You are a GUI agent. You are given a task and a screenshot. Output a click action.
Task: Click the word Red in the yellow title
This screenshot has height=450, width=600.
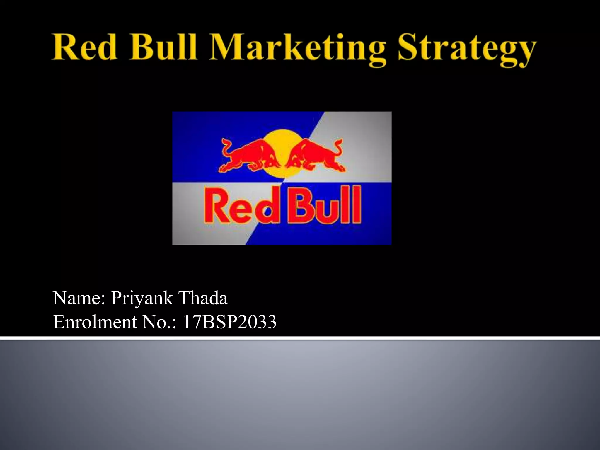[85, 47]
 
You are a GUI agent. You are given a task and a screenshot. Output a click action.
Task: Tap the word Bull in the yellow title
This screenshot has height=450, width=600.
[163, 47]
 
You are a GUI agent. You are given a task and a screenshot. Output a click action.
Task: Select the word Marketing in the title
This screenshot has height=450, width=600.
[297, 48]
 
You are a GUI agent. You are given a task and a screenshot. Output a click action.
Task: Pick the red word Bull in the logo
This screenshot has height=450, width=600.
[324, 205]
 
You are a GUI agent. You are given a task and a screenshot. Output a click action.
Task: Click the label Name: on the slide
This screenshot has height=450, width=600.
[79, 298]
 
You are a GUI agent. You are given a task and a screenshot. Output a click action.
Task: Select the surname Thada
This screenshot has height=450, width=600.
[203, 298]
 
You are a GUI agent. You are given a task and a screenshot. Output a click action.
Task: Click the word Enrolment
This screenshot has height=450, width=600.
[95, 322]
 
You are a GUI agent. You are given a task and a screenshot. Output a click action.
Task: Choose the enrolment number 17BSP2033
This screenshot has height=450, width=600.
[229, 322]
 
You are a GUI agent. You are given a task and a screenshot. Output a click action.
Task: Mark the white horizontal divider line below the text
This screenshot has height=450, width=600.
[300, 338]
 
